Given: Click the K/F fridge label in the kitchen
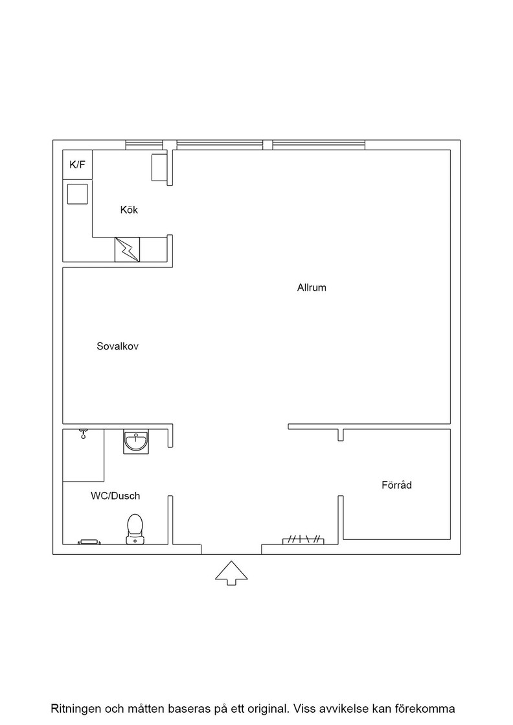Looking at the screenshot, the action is coord(77,164).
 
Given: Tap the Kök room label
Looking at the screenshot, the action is coord(129,210).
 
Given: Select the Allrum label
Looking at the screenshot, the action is coord(312,287).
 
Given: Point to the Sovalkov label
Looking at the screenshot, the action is coord(117,346).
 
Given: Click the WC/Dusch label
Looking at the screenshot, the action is coord(115,496).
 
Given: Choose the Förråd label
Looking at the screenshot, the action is coord(396,485).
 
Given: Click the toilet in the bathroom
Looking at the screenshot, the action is coord(135,529).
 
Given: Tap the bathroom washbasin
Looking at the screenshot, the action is coord(136,442).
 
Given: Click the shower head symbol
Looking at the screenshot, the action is coord(83,434).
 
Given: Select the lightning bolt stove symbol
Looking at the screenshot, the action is coord(127,250).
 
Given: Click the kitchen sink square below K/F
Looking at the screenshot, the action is coord(77,194).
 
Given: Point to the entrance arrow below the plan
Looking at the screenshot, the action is coord(231,574).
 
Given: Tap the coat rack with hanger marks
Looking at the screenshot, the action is coord(303,540).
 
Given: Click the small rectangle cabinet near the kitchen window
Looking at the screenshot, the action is coord(159,168).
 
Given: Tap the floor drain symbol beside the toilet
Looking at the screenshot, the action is coord(89,541).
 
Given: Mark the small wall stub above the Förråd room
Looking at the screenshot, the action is coord(341,435).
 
